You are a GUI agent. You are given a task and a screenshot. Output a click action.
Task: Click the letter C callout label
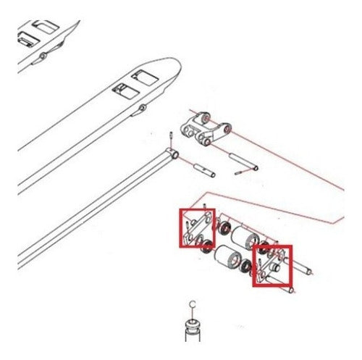click(193, 304)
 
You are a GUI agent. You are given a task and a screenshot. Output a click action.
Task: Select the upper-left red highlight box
click(180, 228)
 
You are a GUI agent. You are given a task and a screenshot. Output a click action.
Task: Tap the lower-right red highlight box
click(253, 266)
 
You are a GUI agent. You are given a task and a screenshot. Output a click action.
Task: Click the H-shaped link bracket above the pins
click(206, 129)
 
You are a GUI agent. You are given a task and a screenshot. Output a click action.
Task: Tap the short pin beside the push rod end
click(205, 170)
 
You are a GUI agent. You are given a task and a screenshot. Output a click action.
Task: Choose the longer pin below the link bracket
click(243, 162)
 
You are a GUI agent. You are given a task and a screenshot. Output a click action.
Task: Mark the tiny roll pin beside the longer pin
click(238, 173)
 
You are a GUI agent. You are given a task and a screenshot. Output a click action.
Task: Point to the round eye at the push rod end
click(175, 154)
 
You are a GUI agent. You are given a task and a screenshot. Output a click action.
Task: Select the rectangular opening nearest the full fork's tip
click(145, 77)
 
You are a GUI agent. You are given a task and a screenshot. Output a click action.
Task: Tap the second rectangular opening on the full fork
click(125, 91)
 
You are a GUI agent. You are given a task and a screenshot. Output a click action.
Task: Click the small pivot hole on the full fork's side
click(143, 106)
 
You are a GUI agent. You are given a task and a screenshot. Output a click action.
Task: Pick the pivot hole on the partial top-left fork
click(43, 56)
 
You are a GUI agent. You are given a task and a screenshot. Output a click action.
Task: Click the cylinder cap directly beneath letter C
click(193, 325)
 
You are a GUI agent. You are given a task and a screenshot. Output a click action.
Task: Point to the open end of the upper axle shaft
click(309, 273)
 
